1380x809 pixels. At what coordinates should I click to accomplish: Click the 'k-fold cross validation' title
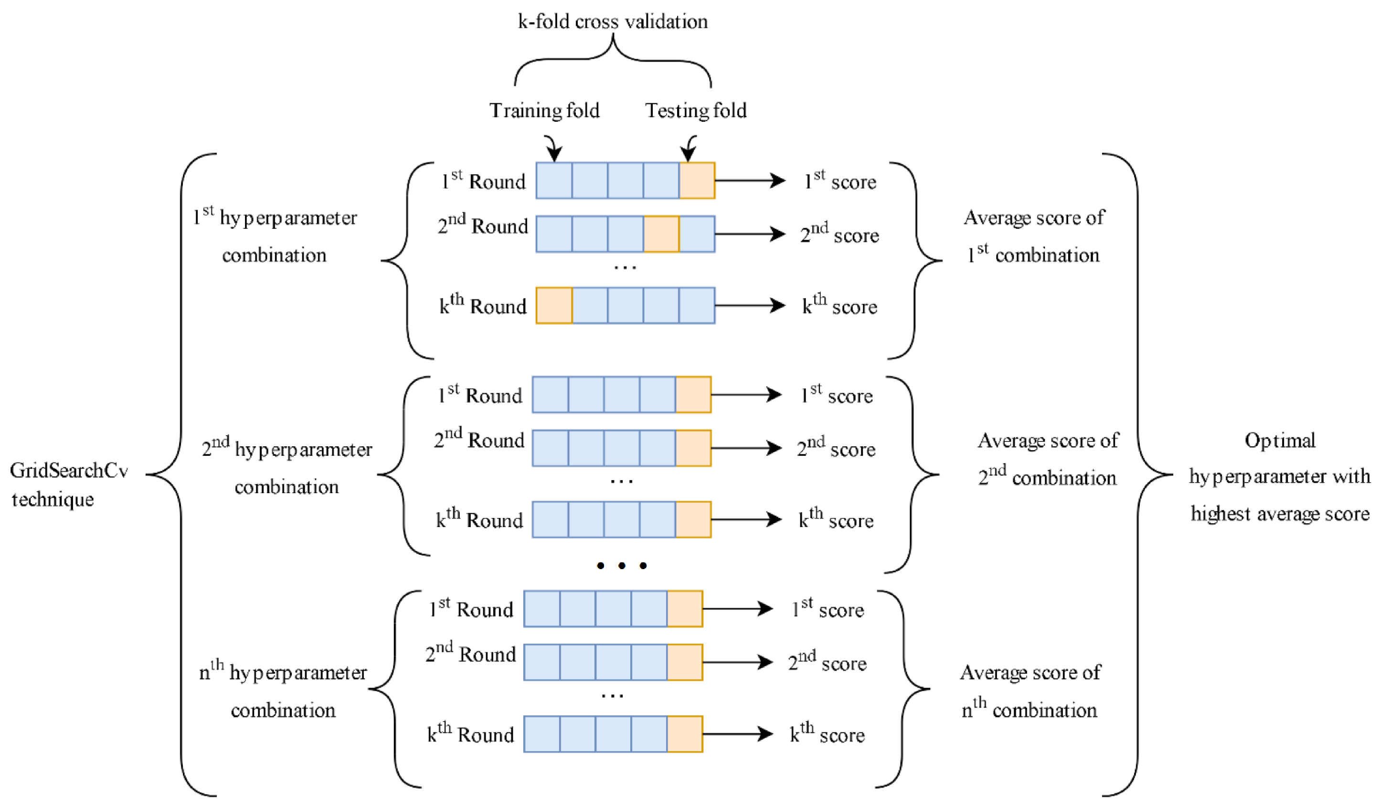(x=613, y=22)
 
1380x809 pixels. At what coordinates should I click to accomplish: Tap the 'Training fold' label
(x=544, y=111)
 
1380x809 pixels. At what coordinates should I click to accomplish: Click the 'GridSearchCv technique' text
(x=68, y=485)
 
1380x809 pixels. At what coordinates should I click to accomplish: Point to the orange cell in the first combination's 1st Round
(x=697, y=180)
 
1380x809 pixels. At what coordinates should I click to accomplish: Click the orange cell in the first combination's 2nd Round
(x=661, y=234)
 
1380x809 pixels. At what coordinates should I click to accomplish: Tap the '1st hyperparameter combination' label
(x=275, y=236)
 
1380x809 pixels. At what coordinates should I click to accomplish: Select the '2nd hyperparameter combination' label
(x=287, y=467)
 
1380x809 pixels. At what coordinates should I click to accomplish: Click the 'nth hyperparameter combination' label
(x=283, y=690)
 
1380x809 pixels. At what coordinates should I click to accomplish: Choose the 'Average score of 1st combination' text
(x=1034, y=236)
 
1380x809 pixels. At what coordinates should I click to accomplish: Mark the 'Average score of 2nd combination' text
(x=1048, y=459)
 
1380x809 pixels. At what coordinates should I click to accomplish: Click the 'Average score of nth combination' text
(x=1030, y=690)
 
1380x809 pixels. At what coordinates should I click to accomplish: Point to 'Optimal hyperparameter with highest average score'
(x=1279, y=477)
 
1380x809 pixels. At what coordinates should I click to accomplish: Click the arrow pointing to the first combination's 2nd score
(x=750, y=234)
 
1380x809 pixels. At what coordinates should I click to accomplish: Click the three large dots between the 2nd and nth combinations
(x=622, y=566)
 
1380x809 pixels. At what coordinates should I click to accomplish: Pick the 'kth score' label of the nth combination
(x=827, y=734)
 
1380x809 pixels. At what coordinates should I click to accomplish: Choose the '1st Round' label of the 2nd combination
(x=480, y=395)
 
